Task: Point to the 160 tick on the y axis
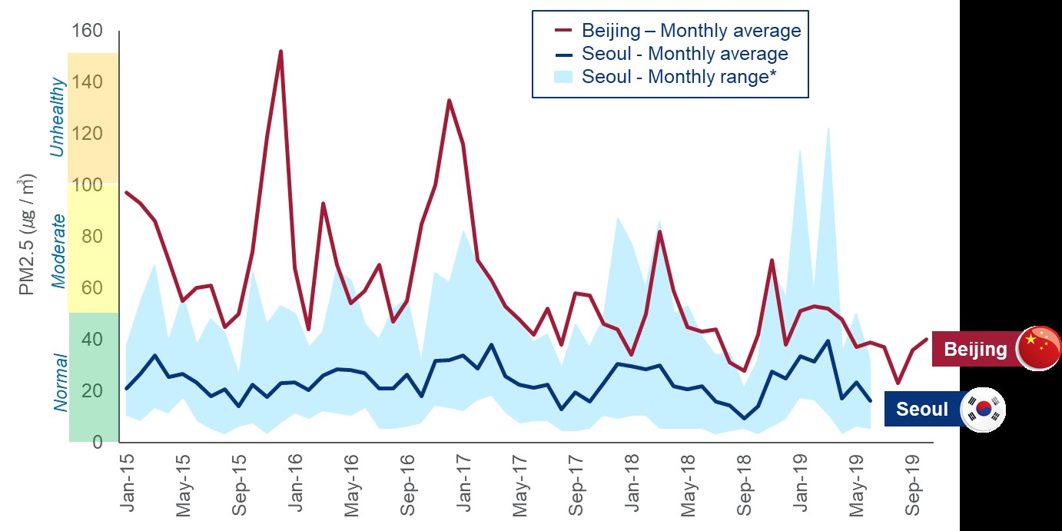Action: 86,32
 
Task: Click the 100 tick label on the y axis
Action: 86,185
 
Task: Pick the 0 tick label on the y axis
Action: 97,443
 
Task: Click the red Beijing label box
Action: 974,350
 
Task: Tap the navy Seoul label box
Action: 922,410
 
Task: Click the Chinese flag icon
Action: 1038,348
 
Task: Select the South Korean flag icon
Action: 984,410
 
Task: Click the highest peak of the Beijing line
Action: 280,51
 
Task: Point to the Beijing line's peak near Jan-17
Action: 449,101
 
